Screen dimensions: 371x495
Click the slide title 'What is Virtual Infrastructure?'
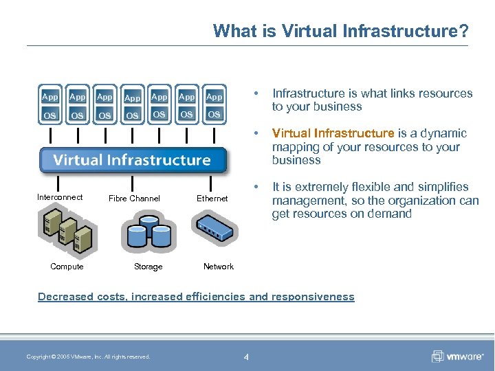point(341,31)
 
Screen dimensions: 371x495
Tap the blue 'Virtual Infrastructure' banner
point(133,160)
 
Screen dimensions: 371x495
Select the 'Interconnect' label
point(60,197)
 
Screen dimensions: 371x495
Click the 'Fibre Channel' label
point(134,199)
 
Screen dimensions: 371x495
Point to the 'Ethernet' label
point(212,199)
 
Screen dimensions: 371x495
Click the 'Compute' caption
point(67,267)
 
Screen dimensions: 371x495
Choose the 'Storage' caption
point(148,267)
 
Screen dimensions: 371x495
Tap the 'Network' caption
point(219,267)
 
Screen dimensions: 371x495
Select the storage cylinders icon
point(148,232)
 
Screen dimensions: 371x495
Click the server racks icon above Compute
point(66,230)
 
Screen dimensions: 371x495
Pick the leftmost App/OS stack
point(50,106)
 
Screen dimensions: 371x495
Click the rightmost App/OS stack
point(214,105)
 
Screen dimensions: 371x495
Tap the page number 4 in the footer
point(246,356)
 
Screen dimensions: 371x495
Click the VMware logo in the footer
point(456,356)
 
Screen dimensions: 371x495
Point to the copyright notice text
point(88,356)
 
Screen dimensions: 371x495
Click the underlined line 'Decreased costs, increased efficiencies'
point(196,297)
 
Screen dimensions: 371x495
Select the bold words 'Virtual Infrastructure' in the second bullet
point(333,133)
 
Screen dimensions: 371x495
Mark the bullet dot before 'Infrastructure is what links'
point(256,93)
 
